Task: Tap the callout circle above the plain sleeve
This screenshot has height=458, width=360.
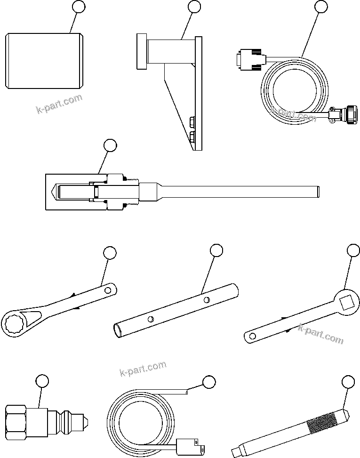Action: point(79,7)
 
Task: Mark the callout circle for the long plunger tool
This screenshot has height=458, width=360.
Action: point(110,145)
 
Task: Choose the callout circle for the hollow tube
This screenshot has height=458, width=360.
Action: point(216,251)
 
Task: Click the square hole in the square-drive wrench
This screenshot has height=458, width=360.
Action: point(347,301)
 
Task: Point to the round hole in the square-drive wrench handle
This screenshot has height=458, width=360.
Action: point(252,335)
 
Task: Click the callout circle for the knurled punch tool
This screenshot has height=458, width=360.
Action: point(347,382)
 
